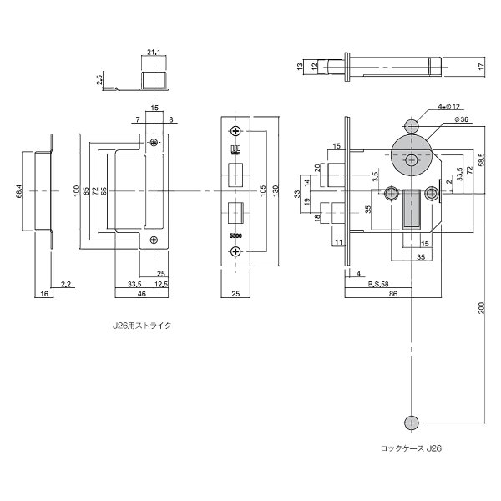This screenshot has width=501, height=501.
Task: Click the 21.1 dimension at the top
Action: (x=154, y=53)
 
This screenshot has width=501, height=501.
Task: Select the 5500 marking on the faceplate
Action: (x=235, y=235)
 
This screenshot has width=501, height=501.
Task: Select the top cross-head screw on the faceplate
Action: (x=236, y=131)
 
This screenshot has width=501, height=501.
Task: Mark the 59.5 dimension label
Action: (x=483, y=159)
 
